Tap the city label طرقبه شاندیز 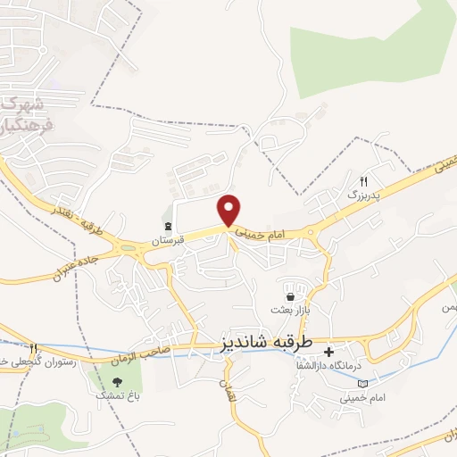(266, 343)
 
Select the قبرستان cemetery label (167, 241)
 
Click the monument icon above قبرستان (167, 225)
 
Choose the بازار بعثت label (289, 310)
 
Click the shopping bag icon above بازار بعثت (290, 296)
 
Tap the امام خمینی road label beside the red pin (262, 231)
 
